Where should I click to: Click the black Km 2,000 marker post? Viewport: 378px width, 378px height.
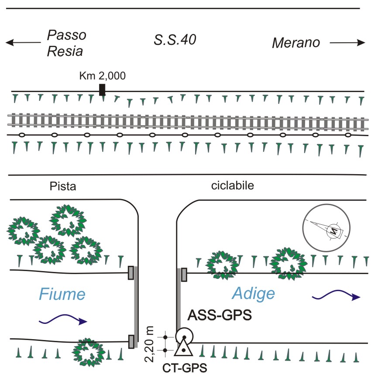click(x=102, y=89)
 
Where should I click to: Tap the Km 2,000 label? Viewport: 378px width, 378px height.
click(x=103, y=76)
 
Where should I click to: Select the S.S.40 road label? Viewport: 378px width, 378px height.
click(x=175, y=40)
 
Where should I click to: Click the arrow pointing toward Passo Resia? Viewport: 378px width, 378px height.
click(x=22, y=43)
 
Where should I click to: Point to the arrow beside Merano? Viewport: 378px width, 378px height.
click(x=347, y=43)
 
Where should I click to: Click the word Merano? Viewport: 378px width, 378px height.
click(x=296, y=43)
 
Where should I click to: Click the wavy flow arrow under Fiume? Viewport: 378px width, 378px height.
click(x=63, y=321)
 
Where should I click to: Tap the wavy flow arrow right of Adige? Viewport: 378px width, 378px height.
click(x=337, y=296)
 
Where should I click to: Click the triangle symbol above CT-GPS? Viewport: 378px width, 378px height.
click(x=183, y=347)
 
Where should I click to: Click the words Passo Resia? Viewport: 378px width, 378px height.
click(x=66, y=43)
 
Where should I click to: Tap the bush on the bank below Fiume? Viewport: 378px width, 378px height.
click(x=89, y=352)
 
